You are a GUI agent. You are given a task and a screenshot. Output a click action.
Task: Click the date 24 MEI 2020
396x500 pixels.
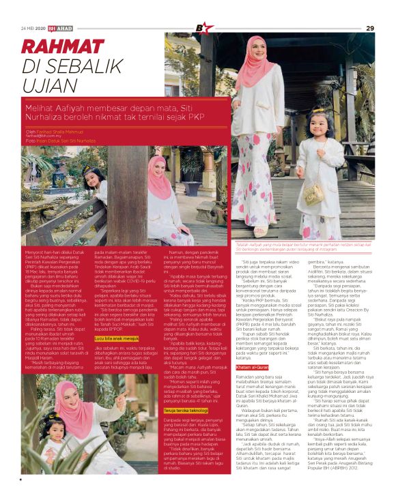tap(33, 28)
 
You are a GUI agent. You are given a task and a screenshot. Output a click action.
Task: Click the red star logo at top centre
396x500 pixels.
tap(200, 28)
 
